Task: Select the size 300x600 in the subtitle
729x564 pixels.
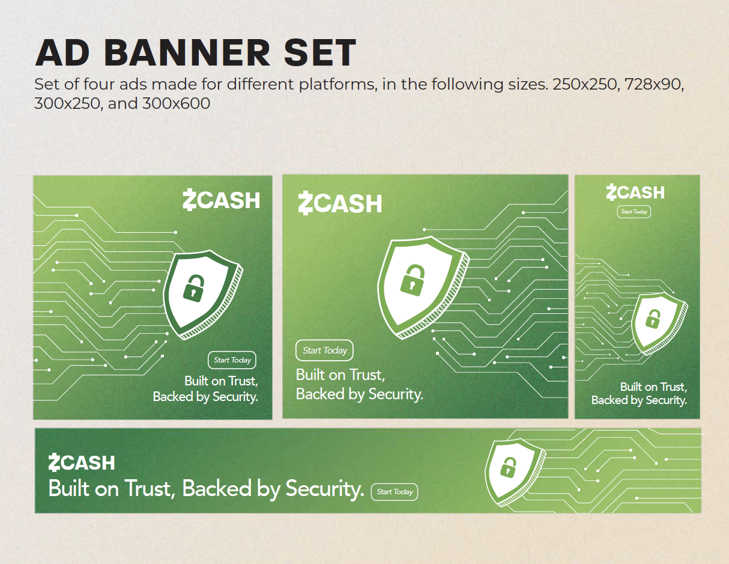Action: [x=176, y=103]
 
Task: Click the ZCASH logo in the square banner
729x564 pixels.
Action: [x=221, y=200]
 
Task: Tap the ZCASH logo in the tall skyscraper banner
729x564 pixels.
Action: [x=635, y=192]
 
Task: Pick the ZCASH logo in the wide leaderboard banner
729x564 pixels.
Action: [x=82, y=463]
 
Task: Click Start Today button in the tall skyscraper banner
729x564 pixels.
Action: [x=634, y=212]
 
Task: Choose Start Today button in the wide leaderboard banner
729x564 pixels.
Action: [x=395, y=492]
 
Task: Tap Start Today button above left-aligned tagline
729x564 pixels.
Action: [x=325, y=351]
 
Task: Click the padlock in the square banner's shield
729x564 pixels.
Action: [x=193, y=287]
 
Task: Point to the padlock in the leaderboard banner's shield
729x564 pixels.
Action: [x=509, y=466]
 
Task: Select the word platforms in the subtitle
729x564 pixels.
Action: [x=336, y=84]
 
